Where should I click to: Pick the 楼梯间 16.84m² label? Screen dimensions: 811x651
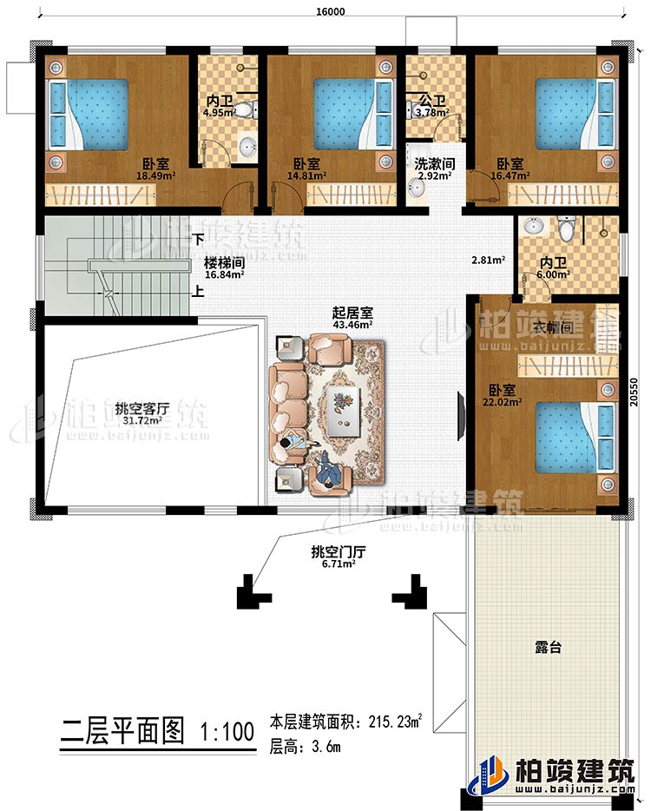click(x=224, y=267)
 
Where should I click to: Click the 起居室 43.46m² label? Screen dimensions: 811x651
click(x=351, y=317)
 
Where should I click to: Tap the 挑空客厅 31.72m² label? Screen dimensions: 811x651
click(x=141, y=415)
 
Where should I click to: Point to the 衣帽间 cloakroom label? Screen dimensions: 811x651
click(x=552, y=328)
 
